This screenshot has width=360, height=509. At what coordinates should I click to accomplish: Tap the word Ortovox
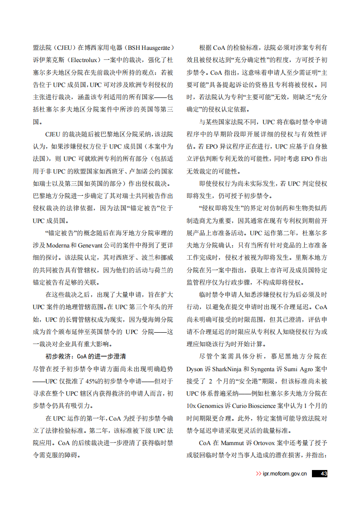coord(264,442)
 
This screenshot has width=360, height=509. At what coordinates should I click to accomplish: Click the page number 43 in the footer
coord(323,473)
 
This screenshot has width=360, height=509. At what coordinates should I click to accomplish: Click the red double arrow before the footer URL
coord(258,474)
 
